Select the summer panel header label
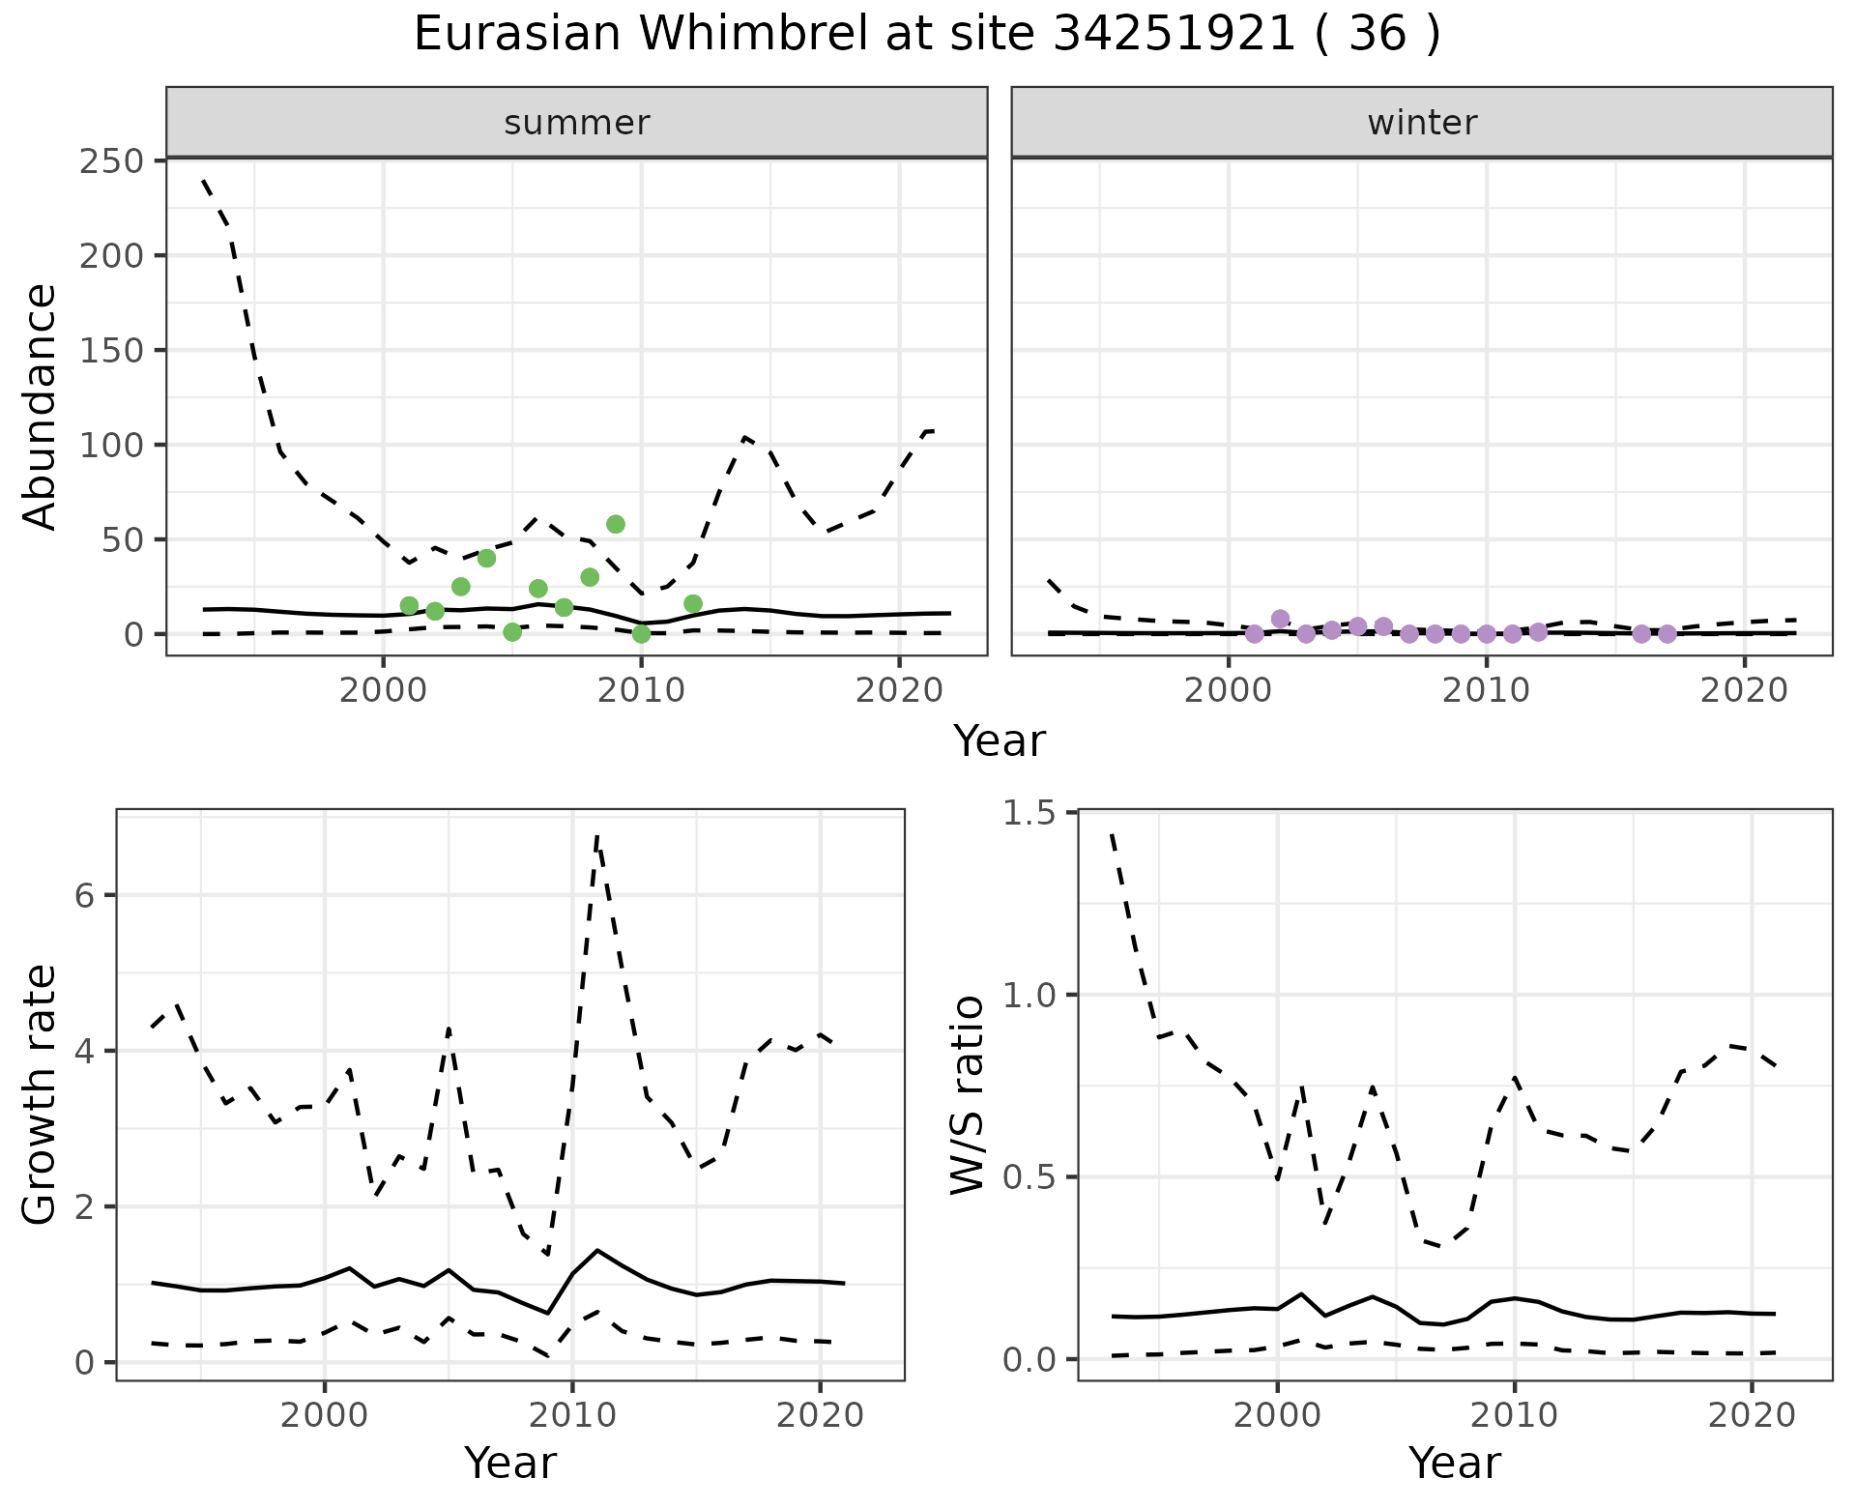pos(577,123)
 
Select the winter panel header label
pos(1422,123)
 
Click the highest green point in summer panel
pos(616,524)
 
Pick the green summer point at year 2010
pos(641,634)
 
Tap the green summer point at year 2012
pos(693,604)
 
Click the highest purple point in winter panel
pos(1281,619)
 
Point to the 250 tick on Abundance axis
pos(111,160)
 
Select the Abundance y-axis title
pos(41,406)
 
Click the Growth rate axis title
pos(41,1094)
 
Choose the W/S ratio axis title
pos(967,1094)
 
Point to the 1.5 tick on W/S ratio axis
pos(1029,813)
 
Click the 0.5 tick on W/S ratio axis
pos(1029,1177)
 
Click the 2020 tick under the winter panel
pos(1745,692)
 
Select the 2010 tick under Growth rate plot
pos(572,1416)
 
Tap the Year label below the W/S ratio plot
pos(1454,1463)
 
